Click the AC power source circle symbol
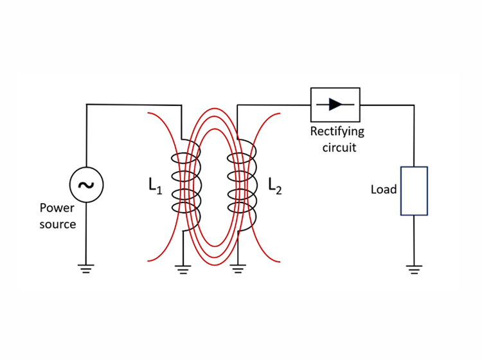click(x=86, y=185)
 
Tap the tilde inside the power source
click(x=86, y=185)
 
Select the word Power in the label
click(x=57, y=208)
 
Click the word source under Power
click(x=58, y=224)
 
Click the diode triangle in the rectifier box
click(x=335, y=104)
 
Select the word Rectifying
click(x=337, y=132)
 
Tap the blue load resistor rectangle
click(x=414, y=191)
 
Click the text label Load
click(x=384, y=190)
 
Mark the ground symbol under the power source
click(x=86, y=269)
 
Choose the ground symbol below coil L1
click(x=184, y=269)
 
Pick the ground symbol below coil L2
click(x=238, y=269)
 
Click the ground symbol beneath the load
click(x=414, y=269)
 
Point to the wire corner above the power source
click(x=87, y=105)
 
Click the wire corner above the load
click(x=414, y=105)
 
